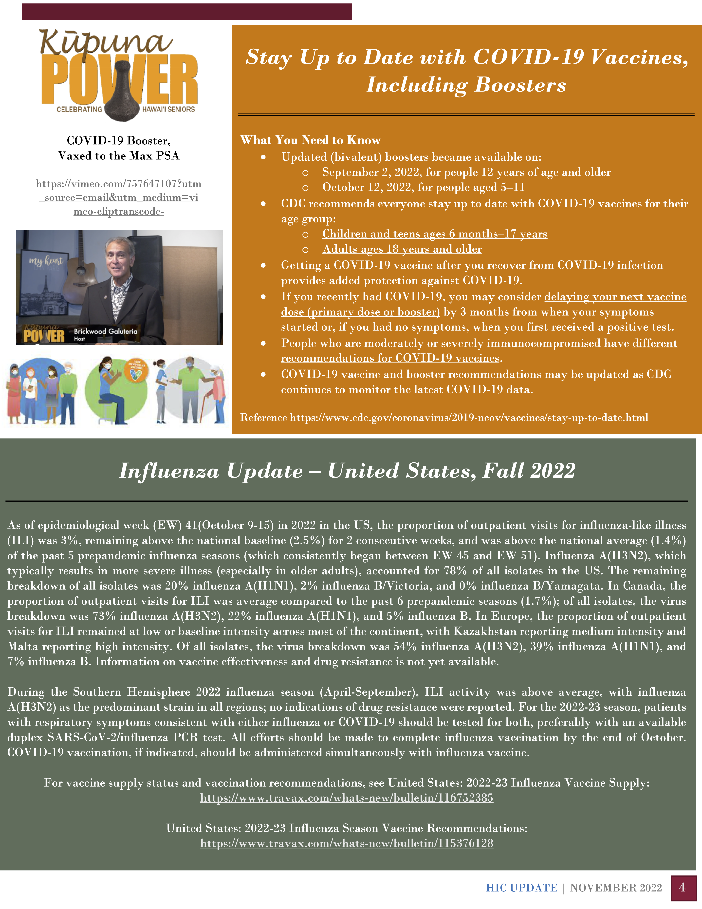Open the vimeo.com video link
[119, 197]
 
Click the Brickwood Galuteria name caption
[105, 331]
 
